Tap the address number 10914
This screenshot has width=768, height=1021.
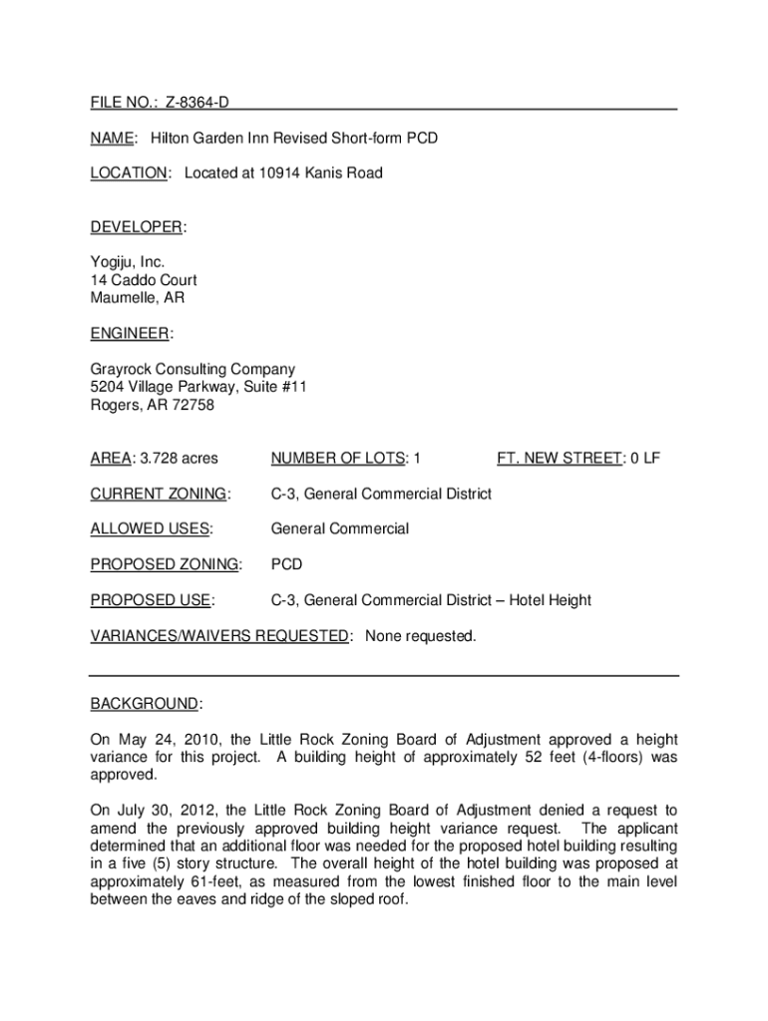pos(279,173)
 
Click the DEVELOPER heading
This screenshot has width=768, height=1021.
pos(137,227)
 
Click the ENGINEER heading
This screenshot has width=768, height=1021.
pos(130,333)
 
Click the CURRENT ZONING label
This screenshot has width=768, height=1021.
pos(159,494)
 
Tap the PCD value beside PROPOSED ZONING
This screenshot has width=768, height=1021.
pos(287,564)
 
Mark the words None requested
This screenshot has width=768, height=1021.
pos(420,636)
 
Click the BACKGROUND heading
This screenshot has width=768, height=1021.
pos(145,704)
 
